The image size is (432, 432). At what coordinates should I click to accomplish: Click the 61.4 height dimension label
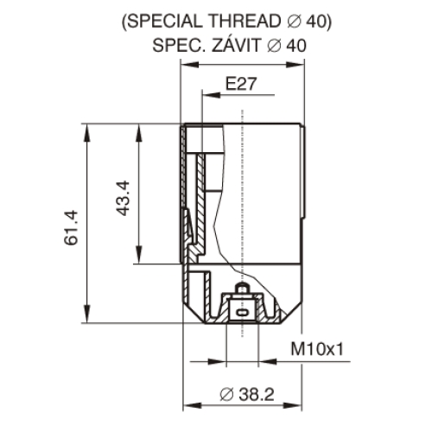(71, 228)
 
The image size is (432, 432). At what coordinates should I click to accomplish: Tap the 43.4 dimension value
(123, 198)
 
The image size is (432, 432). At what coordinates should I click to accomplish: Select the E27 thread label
(241, 84)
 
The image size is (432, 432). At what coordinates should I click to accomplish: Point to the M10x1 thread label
(317, 349)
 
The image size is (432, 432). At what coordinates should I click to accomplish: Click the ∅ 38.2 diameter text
(247, 394)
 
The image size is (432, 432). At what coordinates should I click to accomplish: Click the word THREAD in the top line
(245, 21)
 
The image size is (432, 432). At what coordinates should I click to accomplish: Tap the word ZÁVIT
(236, 45)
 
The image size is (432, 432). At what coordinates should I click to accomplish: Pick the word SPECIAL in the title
(164, 21)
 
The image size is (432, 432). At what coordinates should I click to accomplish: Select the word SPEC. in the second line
(179, 45)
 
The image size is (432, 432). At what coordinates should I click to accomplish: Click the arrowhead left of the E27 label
(212, 94)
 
